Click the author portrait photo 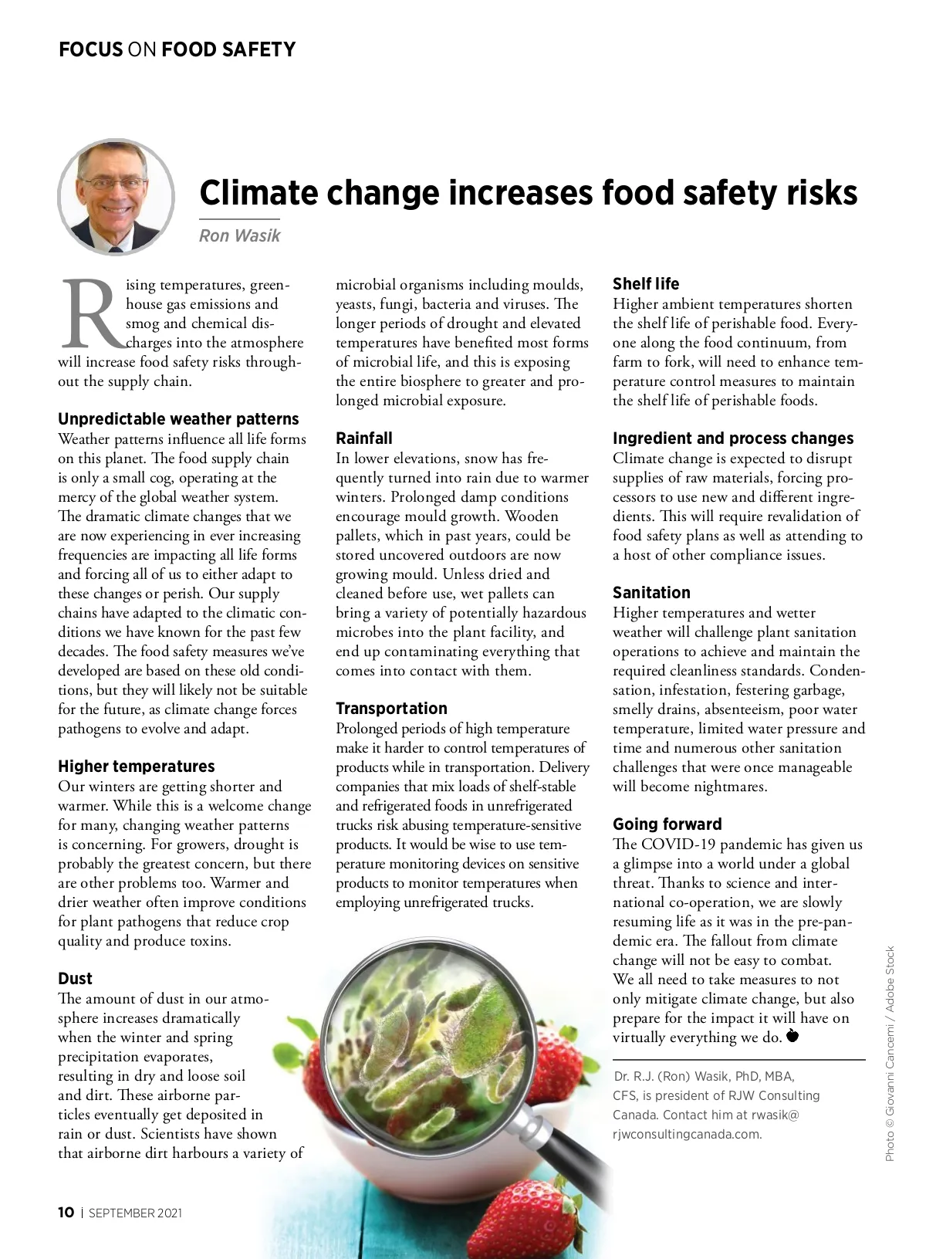[x=116, y=197]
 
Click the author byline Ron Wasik [x=239, y=235]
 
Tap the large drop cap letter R [x=91, y=314]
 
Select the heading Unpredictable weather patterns [x=178, y=419]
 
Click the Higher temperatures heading [x=137, y=767]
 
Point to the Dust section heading [x=75, y=979]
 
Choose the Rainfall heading [x=364, y=438]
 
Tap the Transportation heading [x=391, y=709]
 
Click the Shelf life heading [x=646, y=284]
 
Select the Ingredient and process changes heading [x=733, y=438]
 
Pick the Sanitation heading [x=651, y=593]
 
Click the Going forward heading [x=667, y=824]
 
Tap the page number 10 [x=66, y=1213]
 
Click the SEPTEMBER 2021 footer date [x=136, y=1213]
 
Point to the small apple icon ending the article [x=792, y=1036]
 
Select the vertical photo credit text [x=890, y=1054]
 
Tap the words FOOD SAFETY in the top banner [x=228, y=50]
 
